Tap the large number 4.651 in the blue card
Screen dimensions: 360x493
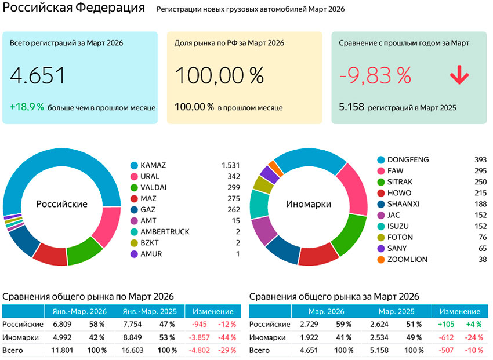pos(38,76)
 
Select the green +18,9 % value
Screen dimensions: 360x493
pos(27,107)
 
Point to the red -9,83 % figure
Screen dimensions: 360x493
pos(375,76)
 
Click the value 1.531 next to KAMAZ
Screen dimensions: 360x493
pos(230,165)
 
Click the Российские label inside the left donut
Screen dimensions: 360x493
pos(61,204)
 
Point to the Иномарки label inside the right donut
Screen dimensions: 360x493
pos(308,204)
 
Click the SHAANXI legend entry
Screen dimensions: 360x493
pos(405,204)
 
